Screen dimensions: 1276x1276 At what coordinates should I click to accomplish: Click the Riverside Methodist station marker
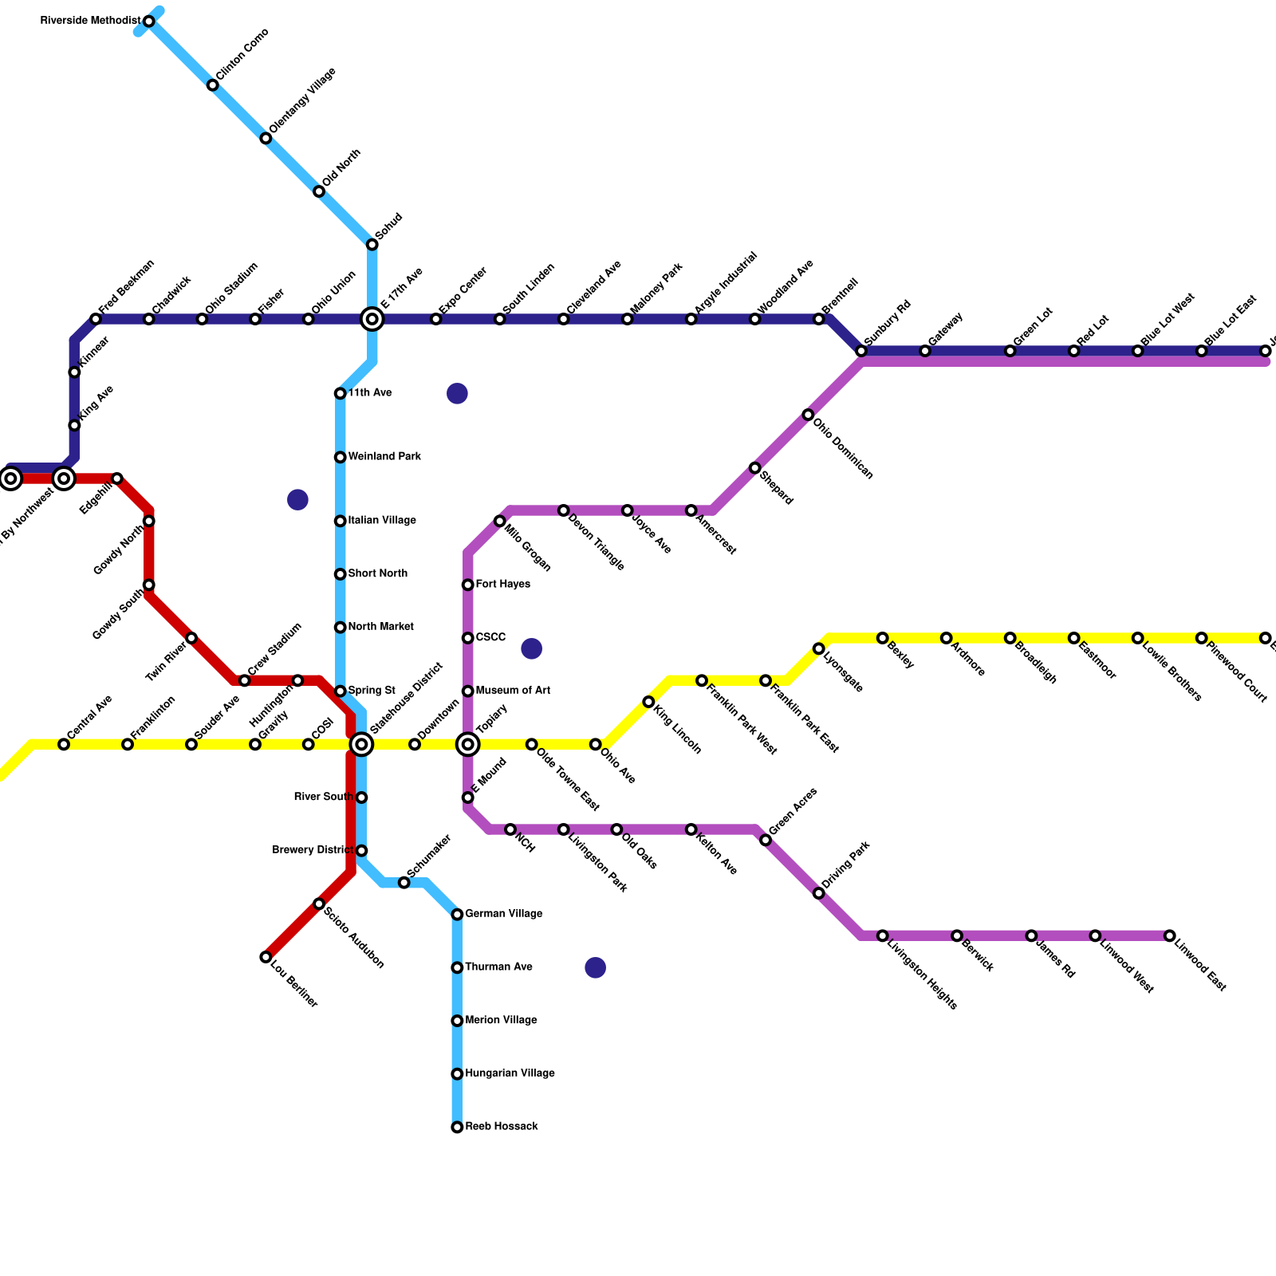(148, 22)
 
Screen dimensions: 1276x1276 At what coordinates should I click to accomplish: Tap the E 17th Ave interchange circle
(372, 320)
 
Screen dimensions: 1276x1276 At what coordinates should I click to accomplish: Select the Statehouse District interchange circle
(361, 745)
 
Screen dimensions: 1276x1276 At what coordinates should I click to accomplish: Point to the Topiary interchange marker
(468, 745)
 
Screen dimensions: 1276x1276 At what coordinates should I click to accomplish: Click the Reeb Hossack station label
(502, 1127)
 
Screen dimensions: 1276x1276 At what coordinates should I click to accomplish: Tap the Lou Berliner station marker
(266, 957)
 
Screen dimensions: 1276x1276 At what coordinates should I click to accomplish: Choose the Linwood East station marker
(1169, 935)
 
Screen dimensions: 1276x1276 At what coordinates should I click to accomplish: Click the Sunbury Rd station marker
(861, 352)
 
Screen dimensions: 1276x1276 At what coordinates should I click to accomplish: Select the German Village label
(504, 914)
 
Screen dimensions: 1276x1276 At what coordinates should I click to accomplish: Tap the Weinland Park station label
(384, 457)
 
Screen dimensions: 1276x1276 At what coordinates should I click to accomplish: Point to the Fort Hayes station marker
(468, 585)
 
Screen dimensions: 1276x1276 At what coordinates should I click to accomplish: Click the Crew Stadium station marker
(245, 680)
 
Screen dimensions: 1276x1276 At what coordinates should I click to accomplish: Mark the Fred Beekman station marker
(96, 320)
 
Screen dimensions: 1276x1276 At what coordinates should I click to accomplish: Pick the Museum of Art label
(513, 691)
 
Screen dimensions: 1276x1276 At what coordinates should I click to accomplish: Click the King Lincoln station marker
(648, 702)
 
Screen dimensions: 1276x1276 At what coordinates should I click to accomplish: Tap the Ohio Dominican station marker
(808, 415)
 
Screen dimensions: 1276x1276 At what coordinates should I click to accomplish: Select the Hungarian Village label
(510, 1073)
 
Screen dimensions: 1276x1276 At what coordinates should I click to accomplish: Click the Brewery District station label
(313, 850)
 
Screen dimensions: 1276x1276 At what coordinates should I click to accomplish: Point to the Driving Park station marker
(818, 893)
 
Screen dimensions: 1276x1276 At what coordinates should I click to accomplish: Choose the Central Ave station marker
(64, 745)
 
